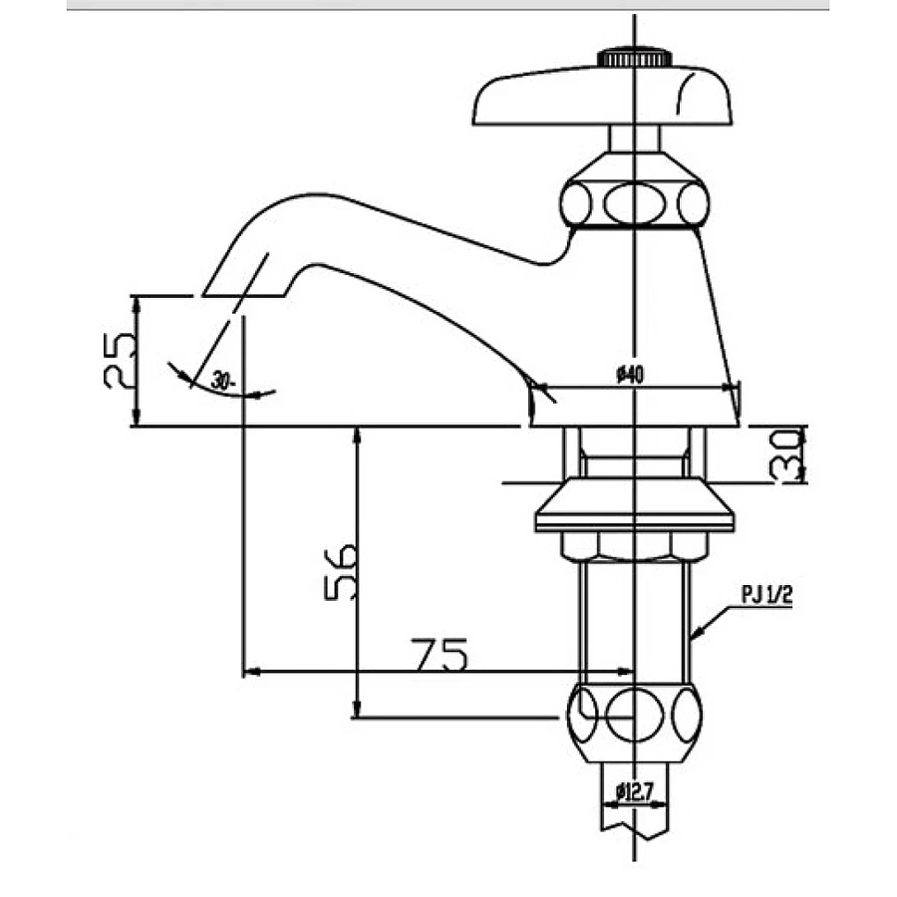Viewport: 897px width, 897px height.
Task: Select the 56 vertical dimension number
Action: coord(340,571)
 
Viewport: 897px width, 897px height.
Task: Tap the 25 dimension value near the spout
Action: coord(121,360)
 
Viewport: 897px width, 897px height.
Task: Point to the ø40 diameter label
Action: coord(630,375)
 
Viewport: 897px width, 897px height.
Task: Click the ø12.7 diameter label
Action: coord(634,792)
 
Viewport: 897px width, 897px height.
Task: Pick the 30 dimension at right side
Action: coord(786,455)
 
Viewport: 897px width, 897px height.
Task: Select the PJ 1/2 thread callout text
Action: coord(765,596)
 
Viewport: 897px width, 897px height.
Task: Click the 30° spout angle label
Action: coord(221,380)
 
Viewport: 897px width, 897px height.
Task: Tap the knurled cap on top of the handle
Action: coord(634,58)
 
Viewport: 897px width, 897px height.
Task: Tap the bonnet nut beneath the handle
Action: coord(634,202)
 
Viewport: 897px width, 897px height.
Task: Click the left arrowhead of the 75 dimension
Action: coord(250,672)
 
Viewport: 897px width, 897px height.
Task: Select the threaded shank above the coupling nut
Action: coord(634,618)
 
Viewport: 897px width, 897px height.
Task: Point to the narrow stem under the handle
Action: coord(634,139)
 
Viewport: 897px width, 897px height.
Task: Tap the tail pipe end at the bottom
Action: coord(634,812)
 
